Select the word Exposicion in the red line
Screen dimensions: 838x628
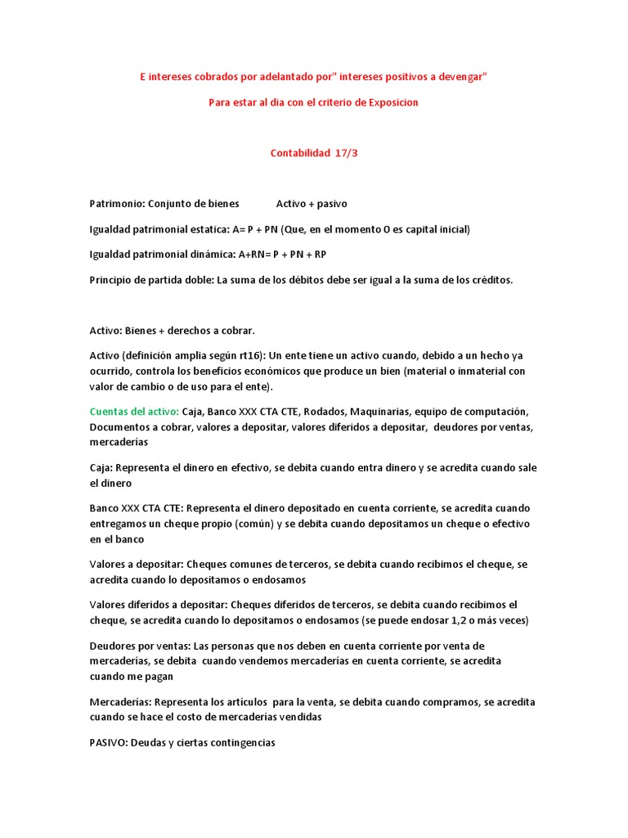click(x=390, y=102)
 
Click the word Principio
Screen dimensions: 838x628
click(x=113, y=280)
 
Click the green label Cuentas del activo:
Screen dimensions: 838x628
click(x=133, y=411)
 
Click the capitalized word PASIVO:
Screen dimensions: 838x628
click(x=110, y=742)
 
